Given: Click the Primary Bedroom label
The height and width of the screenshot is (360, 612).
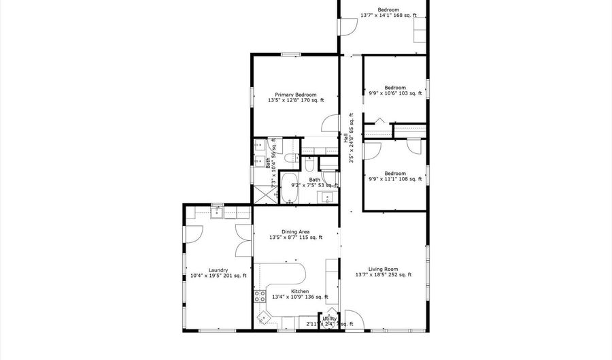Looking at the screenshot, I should coord(295,95).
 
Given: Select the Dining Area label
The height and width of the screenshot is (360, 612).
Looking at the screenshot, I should coord(295,231).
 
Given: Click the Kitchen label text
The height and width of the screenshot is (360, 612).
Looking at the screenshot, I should coord(300,291).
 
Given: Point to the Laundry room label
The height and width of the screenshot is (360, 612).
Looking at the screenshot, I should coord(218,269).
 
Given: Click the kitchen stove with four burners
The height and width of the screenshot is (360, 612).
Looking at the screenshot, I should coord(260,296).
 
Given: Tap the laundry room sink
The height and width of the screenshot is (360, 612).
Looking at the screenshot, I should coord(218,213).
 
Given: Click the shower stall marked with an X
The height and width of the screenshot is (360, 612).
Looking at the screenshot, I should coord(263,193).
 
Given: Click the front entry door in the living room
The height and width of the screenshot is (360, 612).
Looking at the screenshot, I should coord(352,321).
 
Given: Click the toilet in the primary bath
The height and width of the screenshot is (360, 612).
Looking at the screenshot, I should coord(309,163).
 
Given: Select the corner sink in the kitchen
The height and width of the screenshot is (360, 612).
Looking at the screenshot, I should coord(263,317).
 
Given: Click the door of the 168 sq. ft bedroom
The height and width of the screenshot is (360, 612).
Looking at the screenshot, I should coord(347,27).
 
